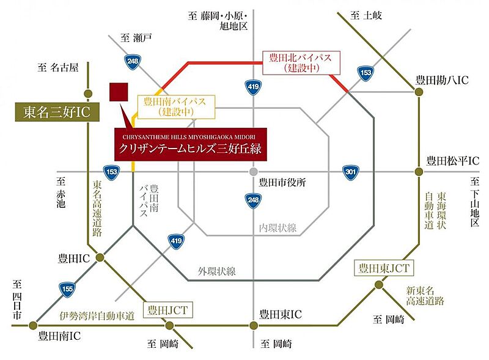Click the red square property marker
(119, 92)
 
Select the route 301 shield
(350, 172)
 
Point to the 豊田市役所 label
(282, 182)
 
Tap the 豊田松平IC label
(452, 161)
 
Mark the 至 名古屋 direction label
(59, 68)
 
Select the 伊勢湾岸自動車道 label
(97, 315)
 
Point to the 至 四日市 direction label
(18, 299)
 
